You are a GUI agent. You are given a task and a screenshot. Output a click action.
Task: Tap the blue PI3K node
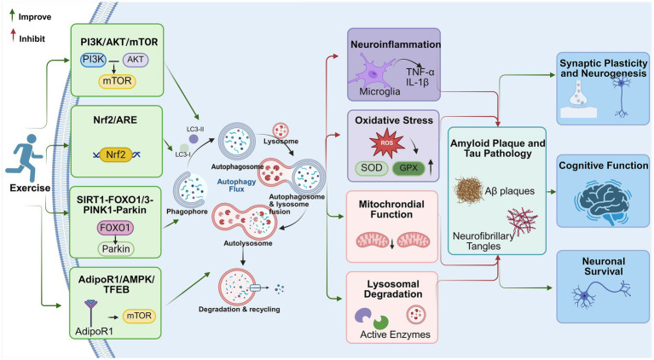pyautogui.click(x=93, y=60)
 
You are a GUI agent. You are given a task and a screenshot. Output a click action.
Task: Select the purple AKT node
pyautogui.click(x=136, y=60)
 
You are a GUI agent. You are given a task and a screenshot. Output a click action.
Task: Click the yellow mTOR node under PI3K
pyautogui.click(x=117, y=81)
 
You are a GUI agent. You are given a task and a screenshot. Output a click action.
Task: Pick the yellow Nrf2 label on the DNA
pyautogui.click(x=115, y=154)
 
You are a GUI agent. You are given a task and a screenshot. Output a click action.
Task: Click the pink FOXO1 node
pyautogui.click(x=115, y=228)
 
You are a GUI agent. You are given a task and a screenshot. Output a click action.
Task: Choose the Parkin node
pyautogui.click(x=116, y=248)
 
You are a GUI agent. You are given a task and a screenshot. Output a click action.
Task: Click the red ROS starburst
pyautogui.click(x=387, y=143)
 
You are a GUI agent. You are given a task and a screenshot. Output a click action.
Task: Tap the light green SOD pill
pyautogui.click(x=372, y=168)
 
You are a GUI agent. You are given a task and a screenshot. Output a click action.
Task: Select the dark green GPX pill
pyautogui.click(x=408, y=168)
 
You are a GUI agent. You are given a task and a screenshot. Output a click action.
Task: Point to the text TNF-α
pyautogui.click(x=420, y=72)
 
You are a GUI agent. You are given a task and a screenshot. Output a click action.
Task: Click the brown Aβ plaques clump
pyautogui.click(x=468, y=190)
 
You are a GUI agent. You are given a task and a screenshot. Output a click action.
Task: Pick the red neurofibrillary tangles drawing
pyautogui.click(x=522, y=220)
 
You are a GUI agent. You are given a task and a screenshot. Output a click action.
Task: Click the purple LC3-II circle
pyautogui.click(x=194, y=139)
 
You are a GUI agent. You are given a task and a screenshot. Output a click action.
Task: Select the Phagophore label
pyautogui.click(x=187, y=212)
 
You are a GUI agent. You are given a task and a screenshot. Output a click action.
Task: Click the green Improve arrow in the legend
pyautogui.click(x=12, y=16)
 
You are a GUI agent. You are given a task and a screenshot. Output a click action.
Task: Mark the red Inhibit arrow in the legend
pyautogui.click(x=14, y=35)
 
